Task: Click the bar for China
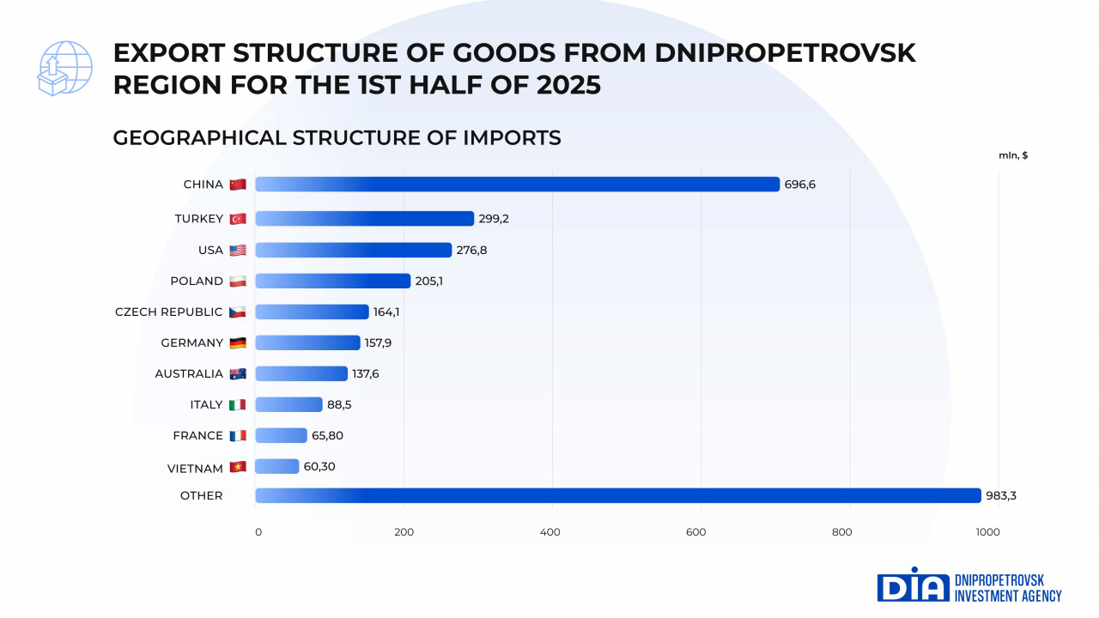coord(517,185)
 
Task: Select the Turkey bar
coord(364,219)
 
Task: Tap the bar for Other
coord(617,495)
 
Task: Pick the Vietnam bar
coord(276,467)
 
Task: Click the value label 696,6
coord(799,185)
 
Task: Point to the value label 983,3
coord(1000,495)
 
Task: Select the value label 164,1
coord(386,312)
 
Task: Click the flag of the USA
coord(238,251)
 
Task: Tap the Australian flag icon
coord(238,374)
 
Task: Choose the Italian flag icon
coord(238,405)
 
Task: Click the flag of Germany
coord(238,343)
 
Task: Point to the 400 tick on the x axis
coord(550,532)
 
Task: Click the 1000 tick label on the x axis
coord(987,532)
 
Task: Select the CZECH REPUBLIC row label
coord(168,312)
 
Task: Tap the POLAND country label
coord(197,281)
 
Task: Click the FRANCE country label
coord(197,435)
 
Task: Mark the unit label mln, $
coord(1013,155)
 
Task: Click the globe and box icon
coord(64,68)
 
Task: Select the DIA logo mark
coord(912,585)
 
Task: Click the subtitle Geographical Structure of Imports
coord(337,137)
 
